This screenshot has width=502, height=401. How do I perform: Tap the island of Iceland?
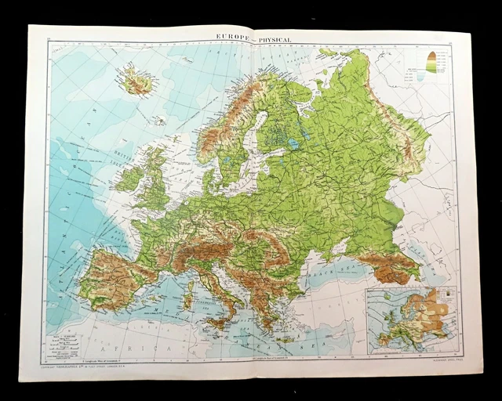point(135,81)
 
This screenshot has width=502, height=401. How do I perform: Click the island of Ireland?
point(130,179)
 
